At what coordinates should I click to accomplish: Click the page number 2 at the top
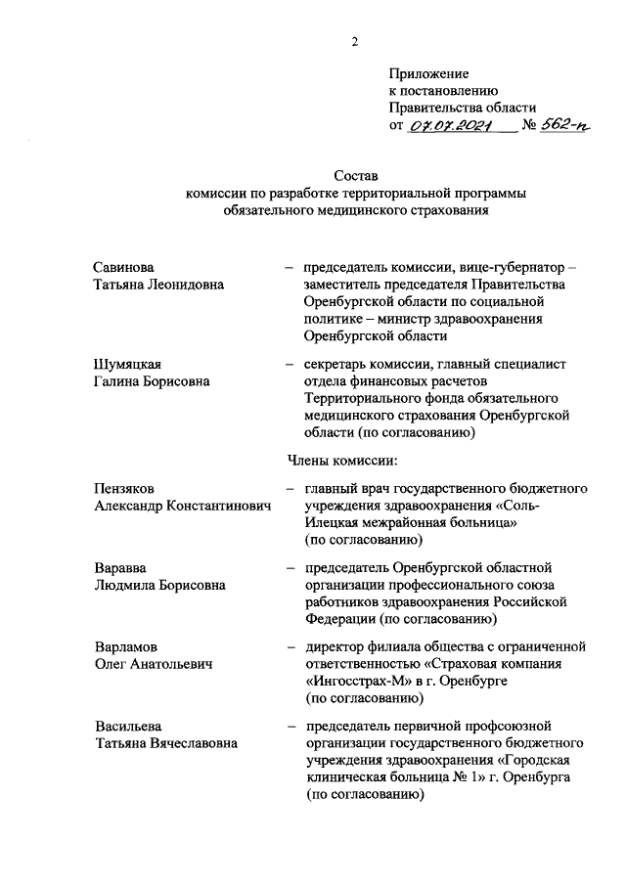356,41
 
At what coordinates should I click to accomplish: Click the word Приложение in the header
428,73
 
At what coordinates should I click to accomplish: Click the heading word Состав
355,177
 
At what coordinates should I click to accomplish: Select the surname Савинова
124,267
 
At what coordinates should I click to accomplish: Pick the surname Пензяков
125,487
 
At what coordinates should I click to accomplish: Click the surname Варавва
120,567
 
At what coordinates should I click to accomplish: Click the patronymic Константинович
214,506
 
